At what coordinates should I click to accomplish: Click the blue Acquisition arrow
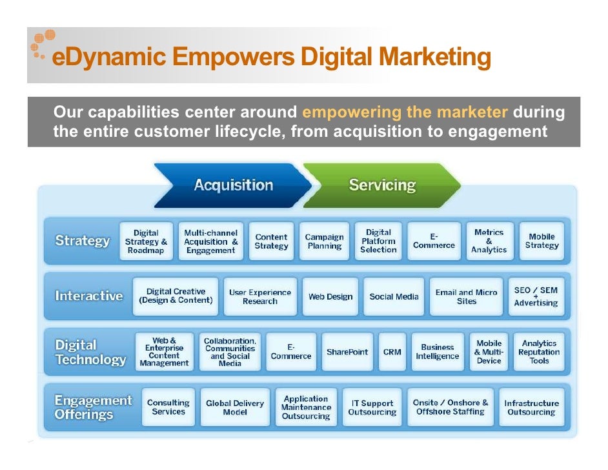coord(233,185)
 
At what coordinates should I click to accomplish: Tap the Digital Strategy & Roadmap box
coord(147,241)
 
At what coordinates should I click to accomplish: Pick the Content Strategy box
coord(271,241)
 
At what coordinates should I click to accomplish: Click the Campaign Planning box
coord(324,241)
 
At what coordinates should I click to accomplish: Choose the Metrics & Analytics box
coord(489,241)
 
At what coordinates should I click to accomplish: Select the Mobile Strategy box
coord(542,241)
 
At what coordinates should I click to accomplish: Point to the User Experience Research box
coord(260,297)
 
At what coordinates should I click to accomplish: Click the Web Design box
coord(330,297)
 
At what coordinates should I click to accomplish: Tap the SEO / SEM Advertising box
coord(536,297)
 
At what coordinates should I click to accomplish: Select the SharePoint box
coord(347,352)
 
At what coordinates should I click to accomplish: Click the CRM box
coord(392,352)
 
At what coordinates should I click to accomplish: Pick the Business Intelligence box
coord(438,352)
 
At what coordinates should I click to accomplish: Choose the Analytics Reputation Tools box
coord(539,352)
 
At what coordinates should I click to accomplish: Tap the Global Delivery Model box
coord(235,407)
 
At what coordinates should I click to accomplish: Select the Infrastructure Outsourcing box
coord(531,407)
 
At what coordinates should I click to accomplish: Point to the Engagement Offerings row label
coord(92,407)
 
